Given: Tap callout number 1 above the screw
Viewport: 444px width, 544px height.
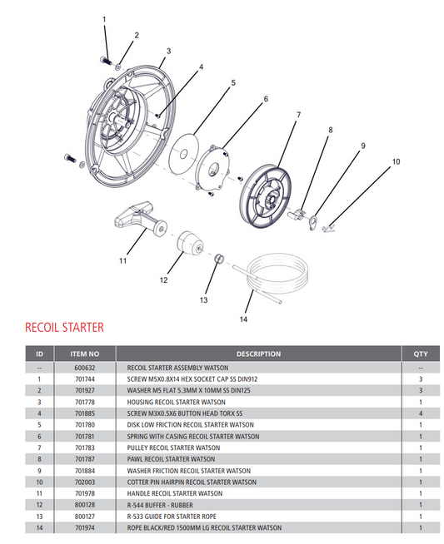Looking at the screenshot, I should (x=104, y=18).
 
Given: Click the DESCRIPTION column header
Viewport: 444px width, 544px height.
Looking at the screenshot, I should (x=258, y=354).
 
